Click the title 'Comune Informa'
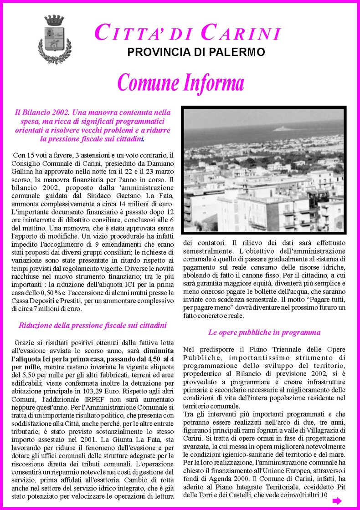coord(180,83)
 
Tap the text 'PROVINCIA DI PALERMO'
coord(196,52)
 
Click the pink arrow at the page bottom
coord(337,501)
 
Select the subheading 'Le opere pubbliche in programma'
coord(264,332)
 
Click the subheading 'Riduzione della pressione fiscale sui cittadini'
coord(93,325)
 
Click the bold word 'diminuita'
coord(159,351)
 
